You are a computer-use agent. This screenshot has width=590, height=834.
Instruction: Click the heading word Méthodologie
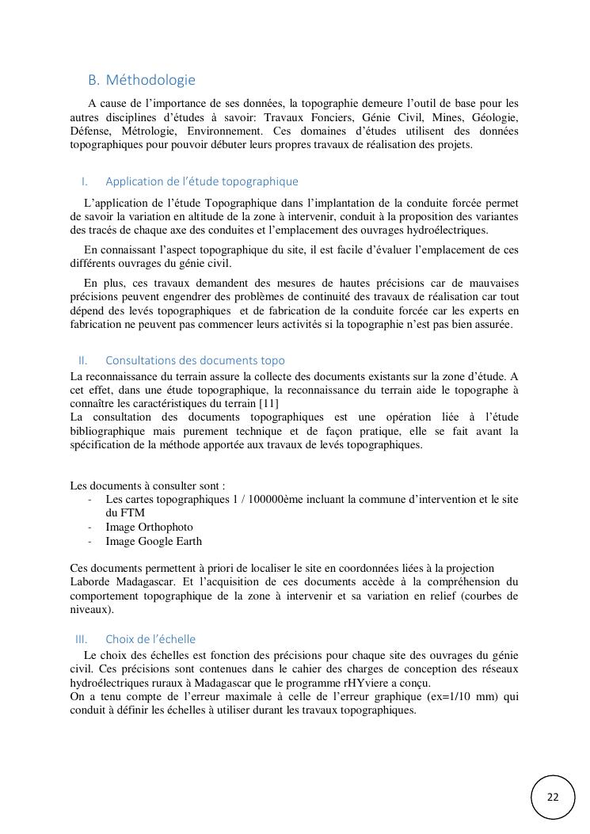(150, 80)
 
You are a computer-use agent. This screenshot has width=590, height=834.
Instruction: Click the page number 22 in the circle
(553, 796)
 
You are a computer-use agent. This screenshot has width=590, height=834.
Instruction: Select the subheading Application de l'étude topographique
(202, 181)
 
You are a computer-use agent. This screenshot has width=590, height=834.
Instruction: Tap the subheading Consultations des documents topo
(195, 360)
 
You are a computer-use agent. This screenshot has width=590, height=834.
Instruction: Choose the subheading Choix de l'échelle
(150, 638)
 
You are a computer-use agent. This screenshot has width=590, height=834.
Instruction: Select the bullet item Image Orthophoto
(149, 527)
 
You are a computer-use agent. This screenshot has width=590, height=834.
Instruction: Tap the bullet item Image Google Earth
(154, 542)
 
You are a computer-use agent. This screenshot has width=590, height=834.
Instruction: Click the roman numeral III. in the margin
(81, 638)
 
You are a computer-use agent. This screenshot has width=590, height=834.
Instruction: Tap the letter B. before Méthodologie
(93, 80)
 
